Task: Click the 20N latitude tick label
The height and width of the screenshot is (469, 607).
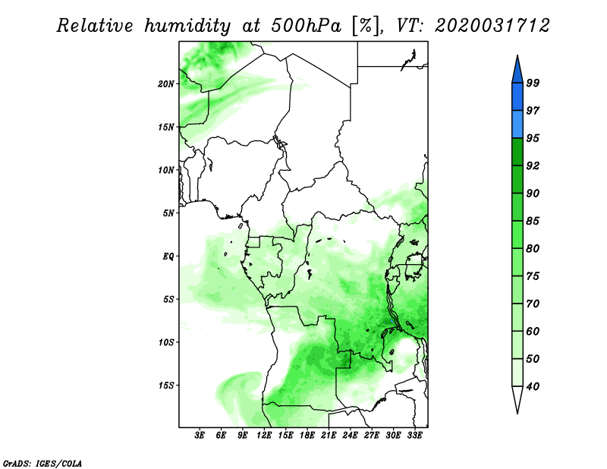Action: (166, 84)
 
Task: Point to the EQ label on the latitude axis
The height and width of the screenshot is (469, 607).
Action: (168, 257)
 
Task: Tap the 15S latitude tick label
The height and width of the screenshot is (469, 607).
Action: (166, 386)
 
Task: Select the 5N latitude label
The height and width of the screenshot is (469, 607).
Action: (168, 213)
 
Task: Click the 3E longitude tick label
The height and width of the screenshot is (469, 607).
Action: (200, 436)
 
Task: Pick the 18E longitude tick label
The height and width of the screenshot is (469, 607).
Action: (307, 436)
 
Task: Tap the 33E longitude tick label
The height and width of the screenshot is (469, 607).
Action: (414, 436)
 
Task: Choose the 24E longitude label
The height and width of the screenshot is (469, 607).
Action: (350, 436)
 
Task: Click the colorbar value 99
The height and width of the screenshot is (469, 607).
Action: (533, 83)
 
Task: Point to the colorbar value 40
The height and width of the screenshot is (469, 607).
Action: (533, 386)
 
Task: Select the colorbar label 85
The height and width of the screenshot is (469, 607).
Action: (533, 221)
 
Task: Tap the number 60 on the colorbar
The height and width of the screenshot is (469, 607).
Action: (533, 331)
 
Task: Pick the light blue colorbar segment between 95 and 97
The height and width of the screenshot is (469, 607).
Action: (517, 124)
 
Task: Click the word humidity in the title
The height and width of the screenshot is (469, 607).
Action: (187, 26)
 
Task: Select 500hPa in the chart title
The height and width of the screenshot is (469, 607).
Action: (307, 26)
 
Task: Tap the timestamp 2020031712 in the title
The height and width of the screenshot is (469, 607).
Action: (492, 26)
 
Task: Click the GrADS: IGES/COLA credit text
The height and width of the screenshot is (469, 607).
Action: (42, 463)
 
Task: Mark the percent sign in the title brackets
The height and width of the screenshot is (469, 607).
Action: (365, 26)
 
